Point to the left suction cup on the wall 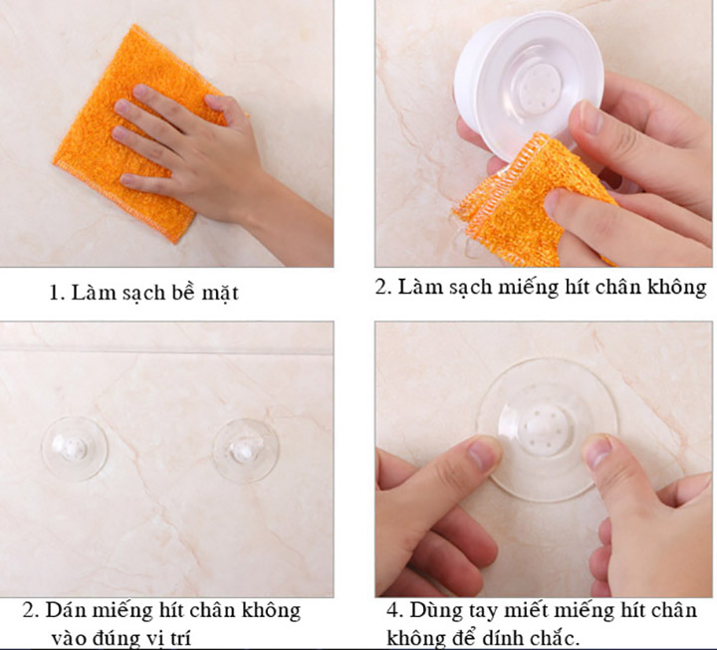coord(74,448)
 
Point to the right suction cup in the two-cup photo coord(246,450)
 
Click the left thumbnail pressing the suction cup coord(485,452)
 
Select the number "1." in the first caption coord(57,293)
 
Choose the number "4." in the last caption coord(395,610)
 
